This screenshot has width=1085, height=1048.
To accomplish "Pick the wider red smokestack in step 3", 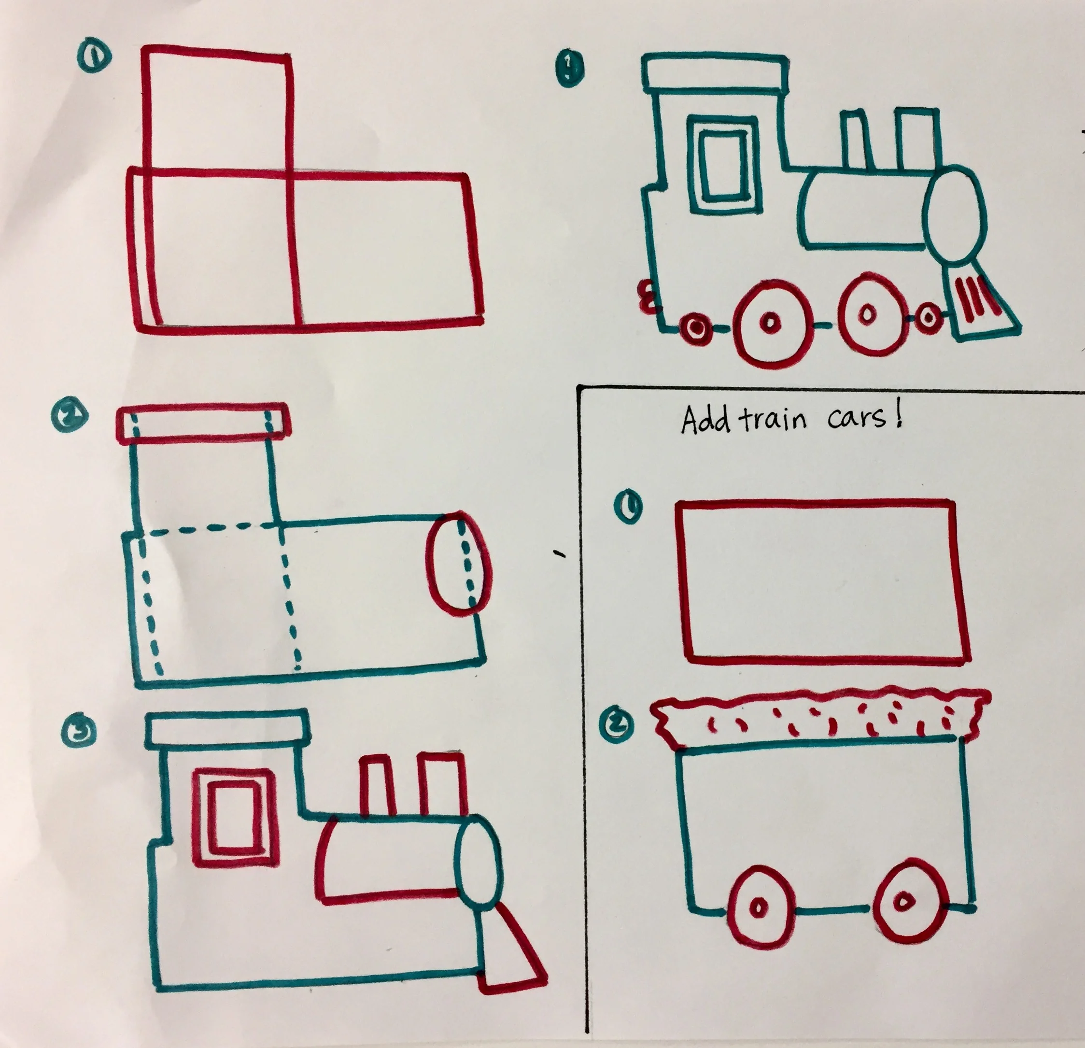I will tap(442, 783).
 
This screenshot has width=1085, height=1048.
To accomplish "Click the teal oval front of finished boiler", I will tap(956, 216).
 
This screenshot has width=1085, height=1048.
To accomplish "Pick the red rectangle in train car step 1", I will tap(821, 582).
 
